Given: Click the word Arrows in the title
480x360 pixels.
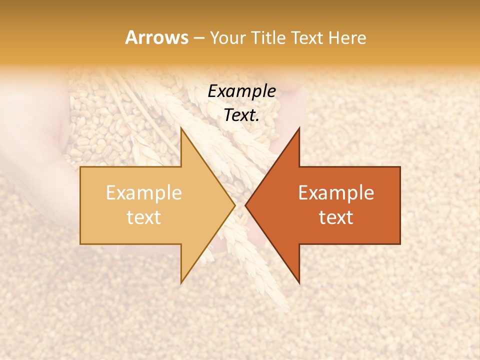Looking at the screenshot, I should point(156,37).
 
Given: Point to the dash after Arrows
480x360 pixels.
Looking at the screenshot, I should point(198,38).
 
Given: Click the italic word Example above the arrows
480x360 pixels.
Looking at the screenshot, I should point(242,91).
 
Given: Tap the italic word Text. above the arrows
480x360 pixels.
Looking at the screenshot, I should point(242,115).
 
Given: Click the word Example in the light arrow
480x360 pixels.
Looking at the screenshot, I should point(144,192).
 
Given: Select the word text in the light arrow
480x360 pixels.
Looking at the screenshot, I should point(144,217).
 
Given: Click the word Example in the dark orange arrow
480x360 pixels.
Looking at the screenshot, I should point(336,192).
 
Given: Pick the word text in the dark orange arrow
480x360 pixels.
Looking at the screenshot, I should point(336,217).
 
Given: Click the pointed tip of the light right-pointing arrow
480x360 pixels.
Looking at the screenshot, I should point(235,205).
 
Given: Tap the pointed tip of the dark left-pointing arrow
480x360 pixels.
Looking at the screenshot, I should point(245,205).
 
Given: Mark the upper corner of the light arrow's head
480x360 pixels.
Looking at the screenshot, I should point(181,128).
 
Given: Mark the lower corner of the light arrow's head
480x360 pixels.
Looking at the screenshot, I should point(181,283).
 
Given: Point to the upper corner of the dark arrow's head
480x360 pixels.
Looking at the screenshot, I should point(299,128).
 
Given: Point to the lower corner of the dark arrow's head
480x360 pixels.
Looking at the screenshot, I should point(299,283).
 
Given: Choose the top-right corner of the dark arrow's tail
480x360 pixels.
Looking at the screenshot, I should point(400,167).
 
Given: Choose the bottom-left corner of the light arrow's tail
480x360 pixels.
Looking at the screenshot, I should point(80,244).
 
